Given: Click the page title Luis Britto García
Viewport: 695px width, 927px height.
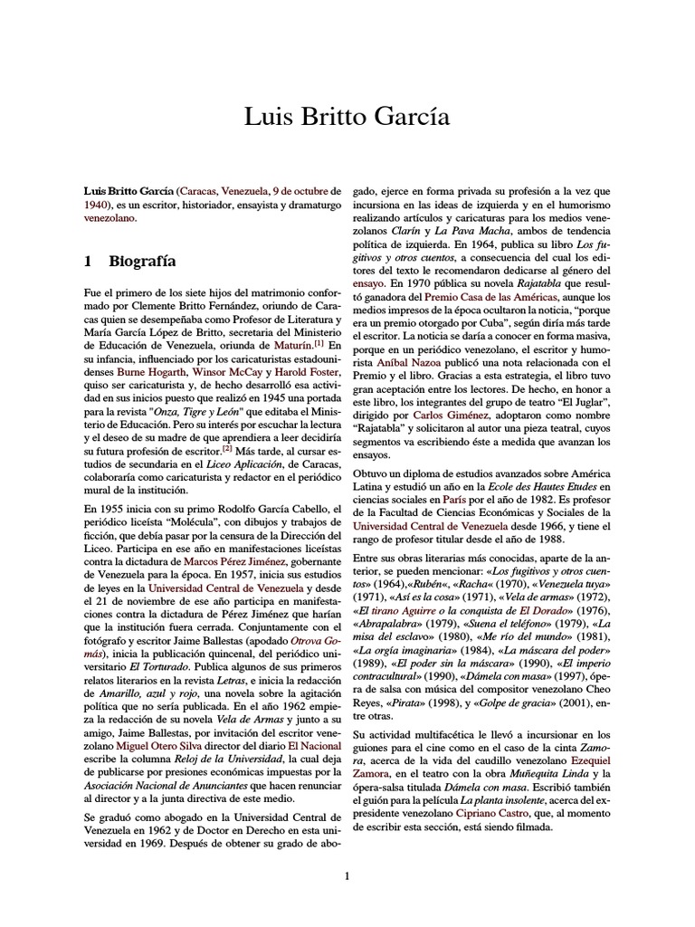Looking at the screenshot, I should click(x=347, y=118).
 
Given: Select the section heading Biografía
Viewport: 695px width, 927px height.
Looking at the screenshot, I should click(x=143, y=263).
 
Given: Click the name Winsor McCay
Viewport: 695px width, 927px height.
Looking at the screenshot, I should click(x=226, y=372).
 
